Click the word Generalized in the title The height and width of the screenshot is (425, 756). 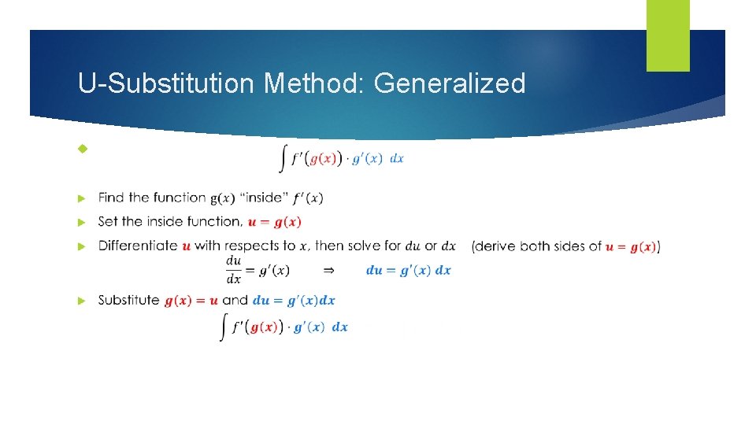[450, 83]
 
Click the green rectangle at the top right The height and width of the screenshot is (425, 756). [668, 35]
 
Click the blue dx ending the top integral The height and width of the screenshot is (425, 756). [397, 158]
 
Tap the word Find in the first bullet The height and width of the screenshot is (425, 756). [111, 198]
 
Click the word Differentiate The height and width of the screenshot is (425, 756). [138, 246]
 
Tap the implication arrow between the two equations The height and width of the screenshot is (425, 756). [329, 270]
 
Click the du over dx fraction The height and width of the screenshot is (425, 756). [234, 270]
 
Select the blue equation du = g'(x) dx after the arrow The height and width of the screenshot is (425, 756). [408, 270]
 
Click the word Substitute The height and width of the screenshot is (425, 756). [128, 300]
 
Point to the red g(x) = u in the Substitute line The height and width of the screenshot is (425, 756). [191, 301]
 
